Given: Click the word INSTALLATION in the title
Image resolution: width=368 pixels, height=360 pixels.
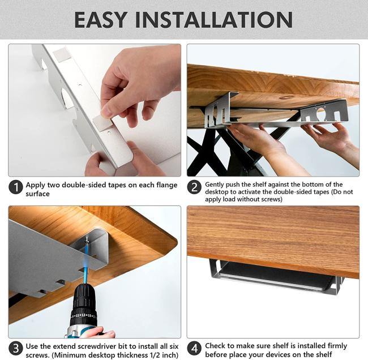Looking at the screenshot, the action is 214,20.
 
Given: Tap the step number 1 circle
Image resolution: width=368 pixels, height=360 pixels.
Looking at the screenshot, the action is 16,187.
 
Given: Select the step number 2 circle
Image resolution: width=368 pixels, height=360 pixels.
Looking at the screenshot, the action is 194,187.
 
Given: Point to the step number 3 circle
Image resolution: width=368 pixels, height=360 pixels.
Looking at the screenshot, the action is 16,348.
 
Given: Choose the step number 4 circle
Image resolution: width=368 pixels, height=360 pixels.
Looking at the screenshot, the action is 194,348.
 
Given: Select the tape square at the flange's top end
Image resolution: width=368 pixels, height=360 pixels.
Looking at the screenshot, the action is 62,54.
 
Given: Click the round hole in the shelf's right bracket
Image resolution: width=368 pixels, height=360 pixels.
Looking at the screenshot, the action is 321,113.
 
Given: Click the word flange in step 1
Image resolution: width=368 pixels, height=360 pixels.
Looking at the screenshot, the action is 166,185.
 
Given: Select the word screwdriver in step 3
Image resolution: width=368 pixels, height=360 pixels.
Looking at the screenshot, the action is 99,346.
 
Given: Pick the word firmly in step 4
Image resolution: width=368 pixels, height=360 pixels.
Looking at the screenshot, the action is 336,346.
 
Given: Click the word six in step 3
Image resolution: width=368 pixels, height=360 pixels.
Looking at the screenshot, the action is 174,346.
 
